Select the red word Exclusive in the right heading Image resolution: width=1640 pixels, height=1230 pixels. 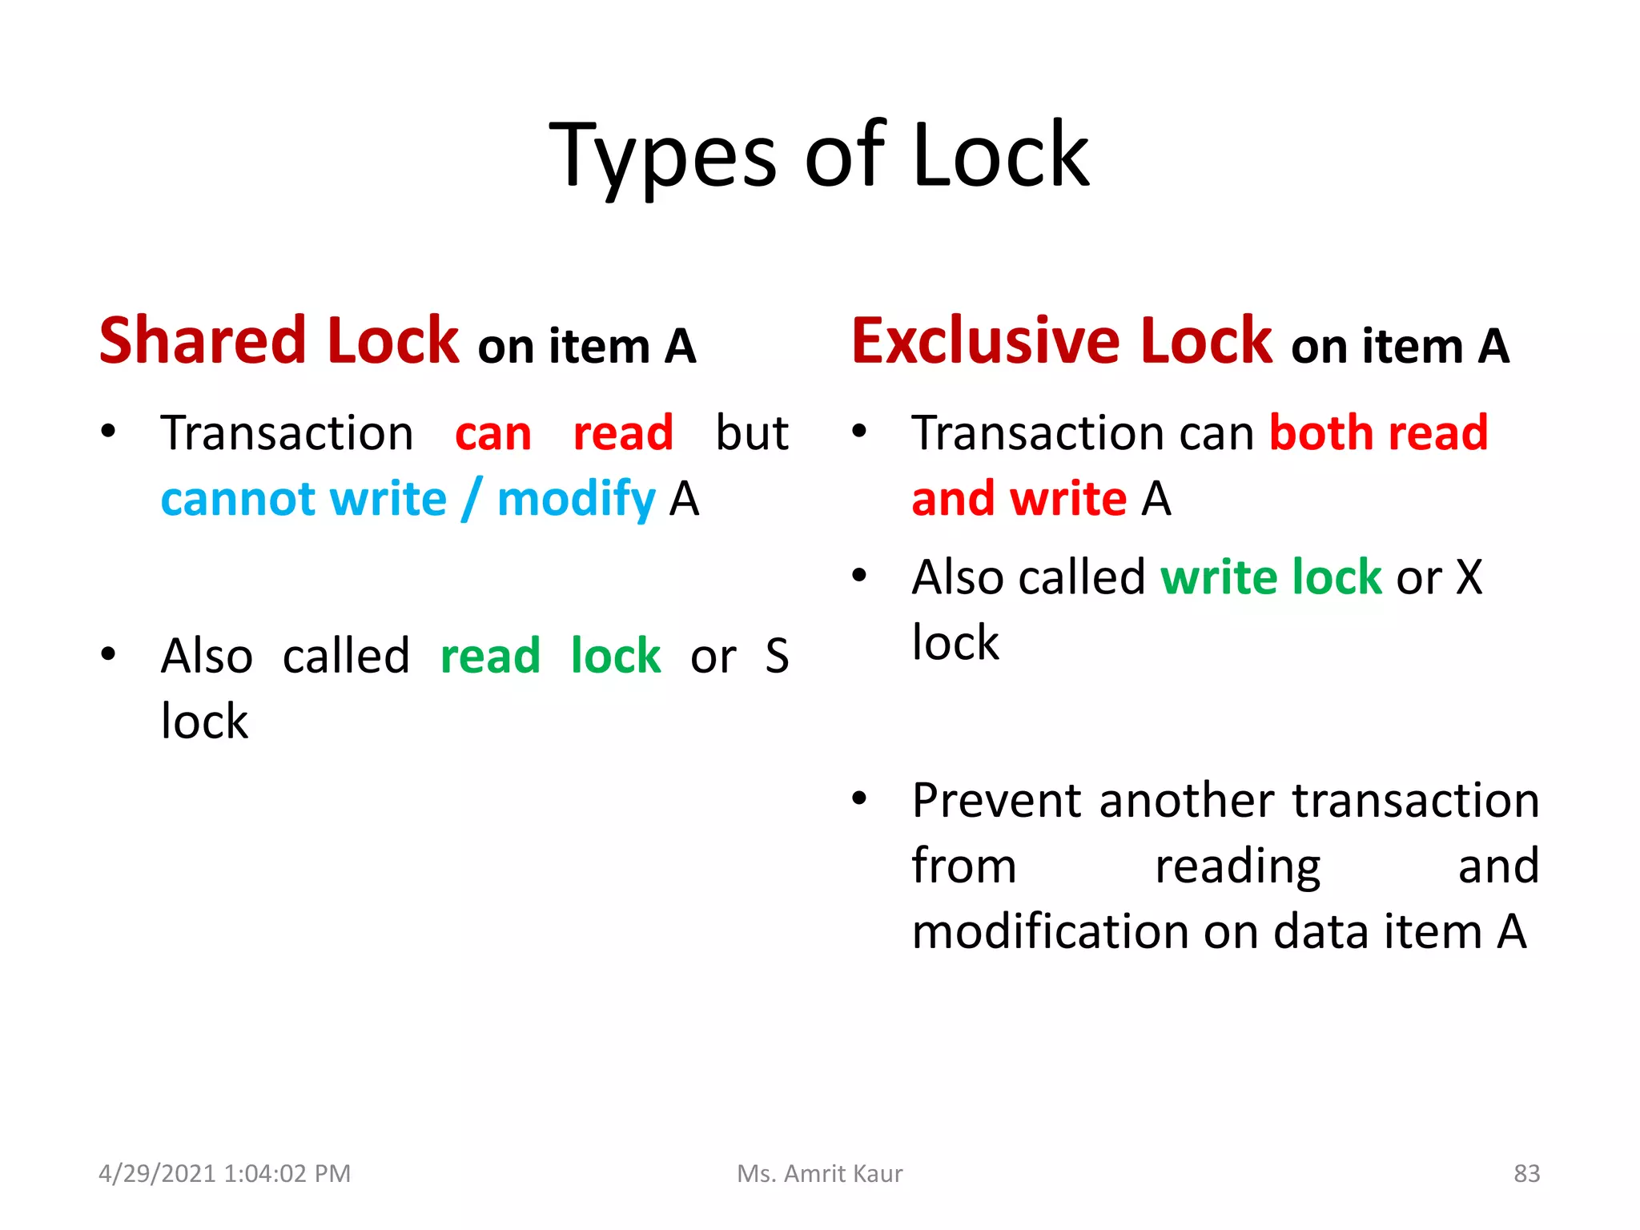tap(984, 340)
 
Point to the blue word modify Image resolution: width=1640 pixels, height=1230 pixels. tap(576, 500)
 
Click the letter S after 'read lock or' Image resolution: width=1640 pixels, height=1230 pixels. tap(776, 657)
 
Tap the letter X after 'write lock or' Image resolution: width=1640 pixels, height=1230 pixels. tap(1469, 577)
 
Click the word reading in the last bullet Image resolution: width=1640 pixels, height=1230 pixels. tap(1237, 867)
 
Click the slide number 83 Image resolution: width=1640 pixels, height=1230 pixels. tap(1526, 1173)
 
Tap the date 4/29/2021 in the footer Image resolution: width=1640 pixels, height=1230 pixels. tap(157, 1173)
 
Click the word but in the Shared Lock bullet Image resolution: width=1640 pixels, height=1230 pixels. tap(751, 433)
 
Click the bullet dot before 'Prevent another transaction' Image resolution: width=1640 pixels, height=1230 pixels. tap(859, 798)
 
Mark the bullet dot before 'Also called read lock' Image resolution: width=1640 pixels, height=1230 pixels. tap(108, 654)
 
